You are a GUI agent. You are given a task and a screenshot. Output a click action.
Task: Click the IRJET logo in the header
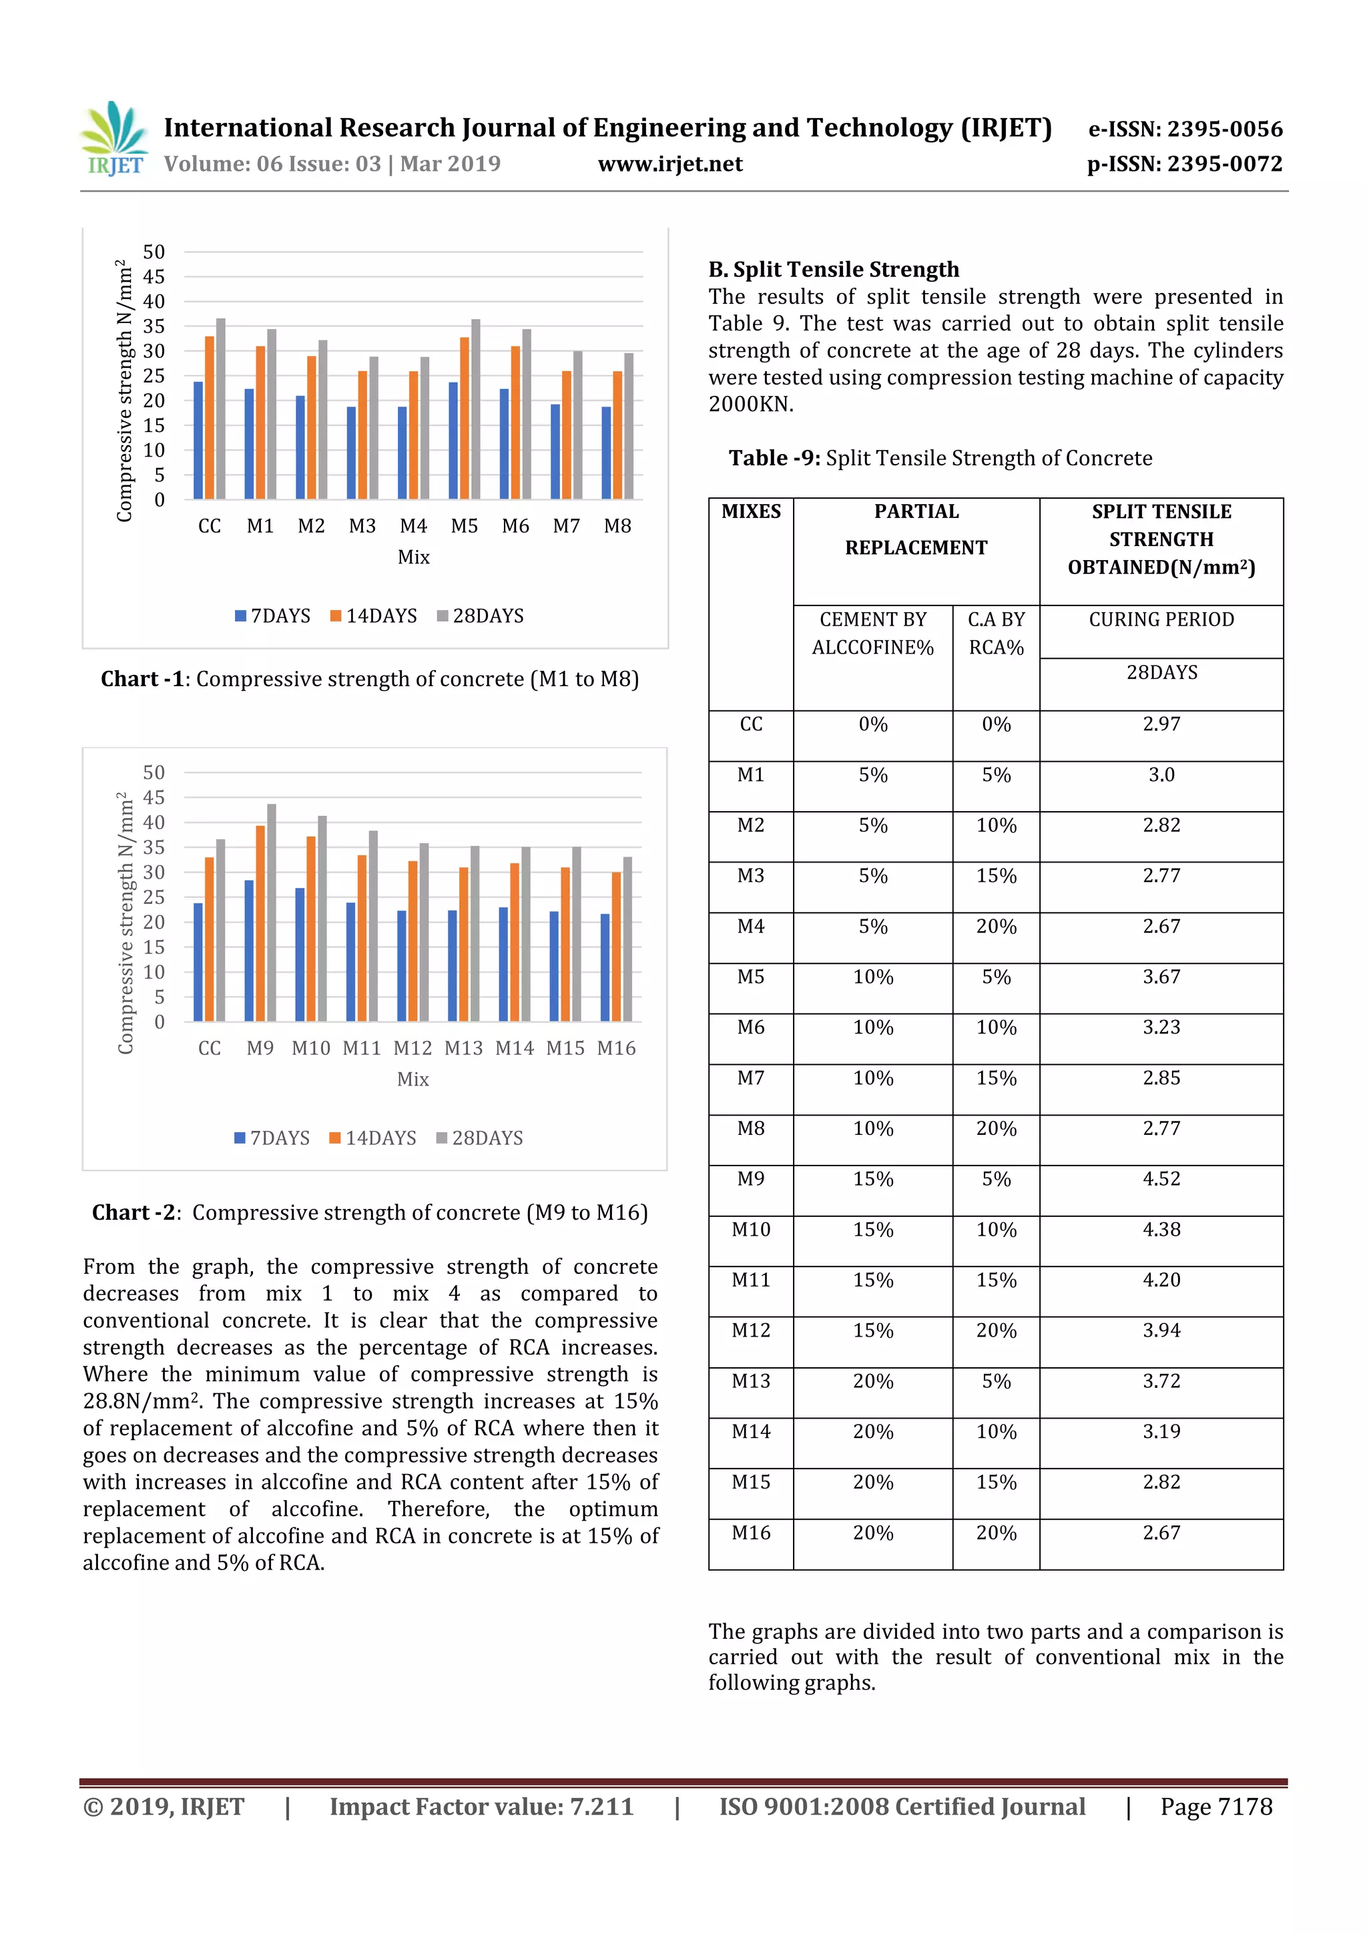[x=113, y=139]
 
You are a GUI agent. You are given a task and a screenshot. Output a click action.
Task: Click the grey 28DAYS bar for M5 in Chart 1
[x=476, y=409]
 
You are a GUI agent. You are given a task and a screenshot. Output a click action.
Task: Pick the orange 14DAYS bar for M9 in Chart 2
[x=260, y=923]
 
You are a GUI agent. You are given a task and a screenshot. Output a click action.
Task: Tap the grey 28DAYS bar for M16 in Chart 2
[x=627, y=939]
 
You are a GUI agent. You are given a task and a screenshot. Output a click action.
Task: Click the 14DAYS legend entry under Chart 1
[x=372, y=616]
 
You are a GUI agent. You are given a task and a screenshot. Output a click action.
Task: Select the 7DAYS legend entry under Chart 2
[x=271, y=1138]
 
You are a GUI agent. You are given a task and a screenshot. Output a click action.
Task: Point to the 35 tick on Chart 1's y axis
[x=154, y=326]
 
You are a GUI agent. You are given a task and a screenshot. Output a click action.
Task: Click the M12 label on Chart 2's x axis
[x=413, y=1048]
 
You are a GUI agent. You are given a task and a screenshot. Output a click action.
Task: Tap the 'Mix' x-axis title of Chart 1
[x=414, y=557]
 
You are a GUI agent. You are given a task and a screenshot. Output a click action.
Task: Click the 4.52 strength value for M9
[x=1161, y=1178]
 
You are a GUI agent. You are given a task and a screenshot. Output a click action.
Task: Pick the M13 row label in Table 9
[x=750, y=1381]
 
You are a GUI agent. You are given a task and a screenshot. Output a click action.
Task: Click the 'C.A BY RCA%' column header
[x=996, y=633]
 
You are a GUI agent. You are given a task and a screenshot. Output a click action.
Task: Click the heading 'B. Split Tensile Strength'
[x=833, y=270]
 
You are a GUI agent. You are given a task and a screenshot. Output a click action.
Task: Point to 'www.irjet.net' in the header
[x=669, y=164]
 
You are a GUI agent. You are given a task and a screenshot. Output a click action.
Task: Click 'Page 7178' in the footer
[x=1215, y=1806]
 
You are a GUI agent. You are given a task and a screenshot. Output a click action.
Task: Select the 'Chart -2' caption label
[x=135, y=1212]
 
